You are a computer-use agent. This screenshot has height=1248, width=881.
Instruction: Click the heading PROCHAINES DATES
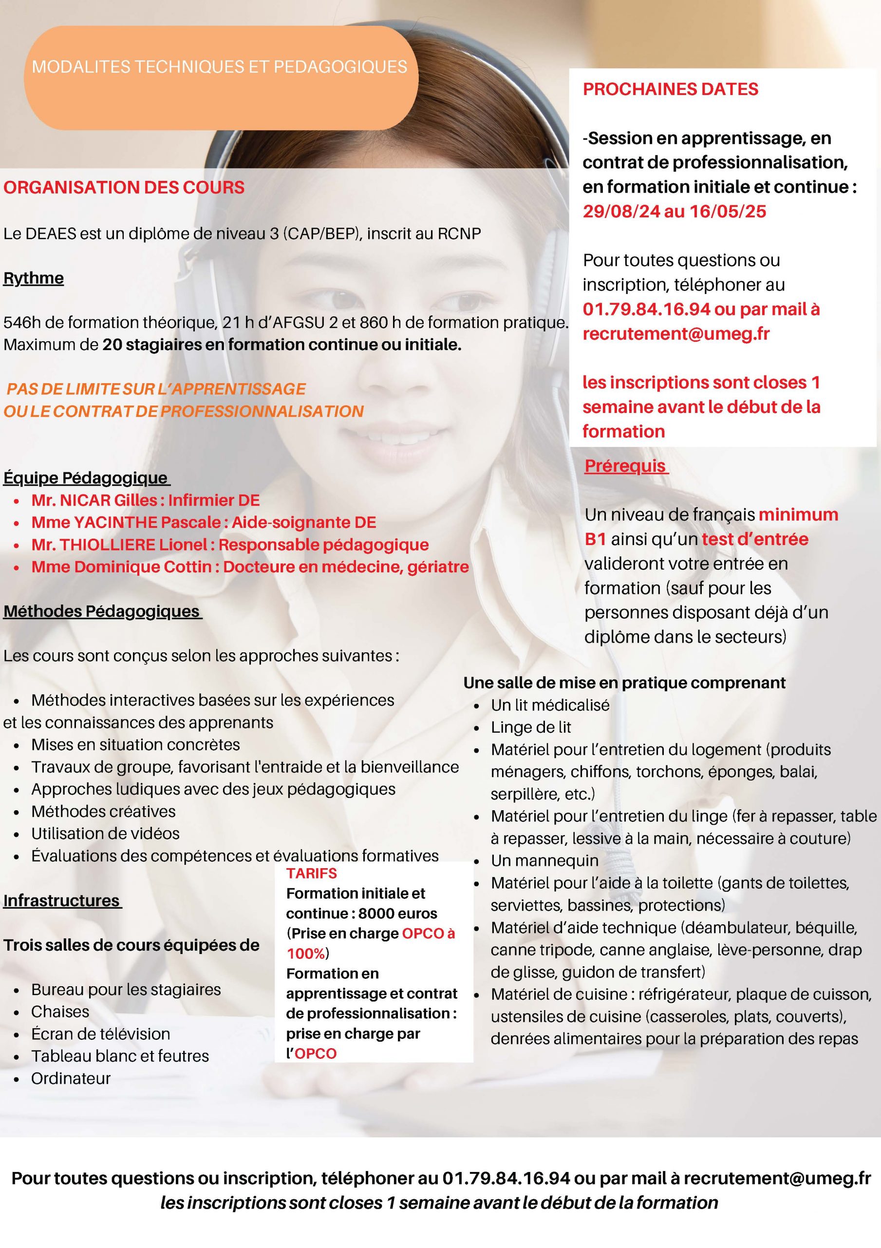click(670, 89)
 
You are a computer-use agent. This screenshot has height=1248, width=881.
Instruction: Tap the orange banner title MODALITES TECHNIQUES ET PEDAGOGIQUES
click(220, 67)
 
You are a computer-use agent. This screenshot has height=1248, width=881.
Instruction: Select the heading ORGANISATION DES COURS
click(124, 188)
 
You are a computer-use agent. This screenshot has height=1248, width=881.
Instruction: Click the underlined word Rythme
click(34, 278)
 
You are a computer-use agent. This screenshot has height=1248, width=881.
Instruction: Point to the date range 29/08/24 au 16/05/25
click(674, 212)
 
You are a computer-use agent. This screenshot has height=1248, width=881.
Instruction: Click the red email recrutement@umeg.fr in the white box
click(675, 334)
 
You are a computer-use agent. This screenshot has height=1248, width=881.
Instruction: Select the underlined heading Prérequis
click(625, 466)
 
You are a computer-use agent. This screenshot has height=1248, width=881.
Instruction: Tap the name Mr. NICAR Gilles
click(94, 500)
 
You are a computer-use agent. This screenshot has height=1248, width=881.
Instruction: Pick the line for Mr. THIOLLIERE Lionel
click(230, 545)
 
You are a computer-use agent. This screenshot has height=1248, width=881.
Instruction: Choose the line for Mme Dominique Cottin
click(250, 567)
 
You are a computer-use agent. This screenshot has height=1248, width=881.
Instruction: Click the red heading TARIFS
click(312, 874)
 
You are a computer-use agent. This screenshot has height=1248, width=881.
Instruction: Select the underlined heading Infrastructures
click(61, 901)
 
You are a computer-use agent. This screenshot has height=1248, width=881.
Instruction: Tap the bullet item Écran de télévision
click(100, 1034)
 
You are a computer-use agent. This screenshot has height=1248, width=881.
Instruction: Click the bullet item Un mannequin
click(544, 861)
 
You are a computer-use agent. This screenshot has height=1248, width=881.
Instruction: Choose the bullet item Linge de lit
click(531, 727)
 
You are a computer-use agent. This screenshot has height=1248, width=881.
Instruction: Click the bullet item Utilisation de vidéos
click(105, 833)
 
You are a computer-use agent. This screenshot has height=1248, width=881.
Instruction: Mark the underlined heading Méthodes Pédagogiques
click(102, 611)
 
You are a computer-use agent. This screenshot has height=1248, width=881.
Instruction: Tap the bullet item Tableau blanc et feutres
click(120, 1056)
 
